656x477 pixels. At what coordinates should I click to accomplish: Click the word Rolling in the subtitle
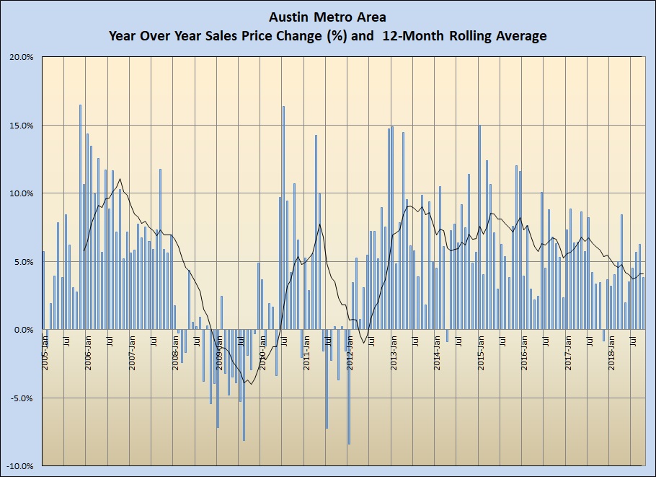tap(456, 35)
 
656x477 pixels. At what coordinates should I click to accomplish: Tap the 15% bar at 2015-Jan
tap(479, 227)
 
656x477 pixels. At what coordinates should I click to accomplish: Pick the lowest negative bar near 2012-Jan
tap(349, 387)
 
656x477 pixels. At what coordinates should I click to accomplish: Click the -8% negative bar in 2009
tap(244, 385)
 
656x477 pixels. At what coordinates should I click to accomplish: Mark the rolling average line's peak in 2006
tap(120, 179)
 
